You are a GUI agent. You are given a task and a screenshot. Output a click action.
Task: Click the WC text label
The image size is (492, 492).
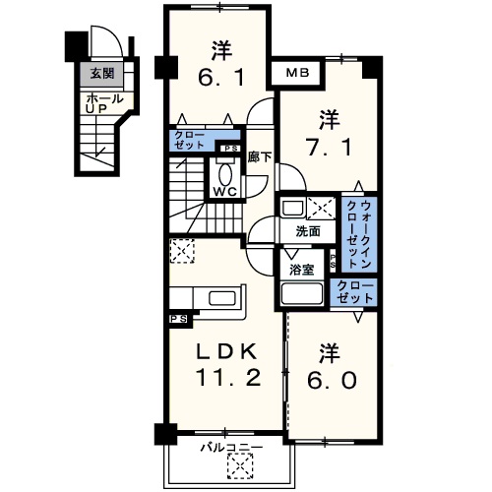point(225,191)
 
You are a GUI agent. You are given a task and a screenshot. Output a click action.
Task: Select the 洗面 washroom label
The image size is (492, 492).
point(308,232)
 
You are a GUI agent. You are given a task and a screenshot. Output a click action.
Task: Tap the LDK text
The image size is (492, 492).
point(222,351)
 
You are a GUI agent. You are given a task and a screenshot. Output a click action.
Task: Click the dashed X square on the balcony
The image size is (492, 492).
point(236,464)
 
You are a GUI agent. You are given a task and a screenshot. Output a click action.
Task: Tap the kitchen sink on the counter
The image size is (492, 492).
point(221,300)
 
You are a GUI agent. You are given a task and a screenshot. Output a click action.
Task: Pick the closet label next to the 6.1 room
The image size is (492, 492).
point(190,140)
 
